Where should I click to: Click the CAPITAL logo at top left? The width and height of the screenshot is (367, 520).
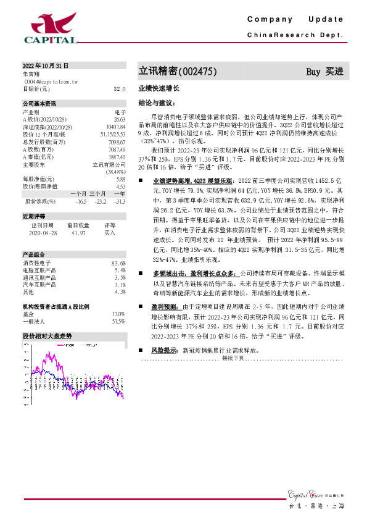pos(51,30)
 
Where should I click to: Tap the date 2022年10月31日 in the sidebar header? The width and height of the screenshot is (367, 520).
pos(46,65)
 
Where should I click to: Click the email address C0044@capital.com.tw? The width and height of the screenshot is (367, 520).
pos(51,81)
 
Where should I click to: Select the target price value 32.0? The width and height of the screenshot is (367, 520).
pos(120,89)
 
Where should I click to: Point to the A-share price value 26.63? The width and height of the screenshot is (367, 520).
pos(120,119)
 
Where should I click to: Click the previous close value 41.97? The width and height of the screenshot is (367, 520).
pos(78,233)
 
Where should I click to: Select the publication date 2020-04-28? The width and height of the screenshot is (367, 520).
pos(43,233)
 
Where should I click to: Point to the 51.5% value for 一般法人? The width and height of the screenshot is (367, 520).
pos(118,322)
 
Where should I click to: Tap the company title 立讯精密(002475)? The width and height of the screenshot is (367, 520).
pos(178,72)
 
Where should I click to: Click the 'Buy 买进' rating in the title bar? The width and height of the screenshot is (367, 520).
pos(324,72)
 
